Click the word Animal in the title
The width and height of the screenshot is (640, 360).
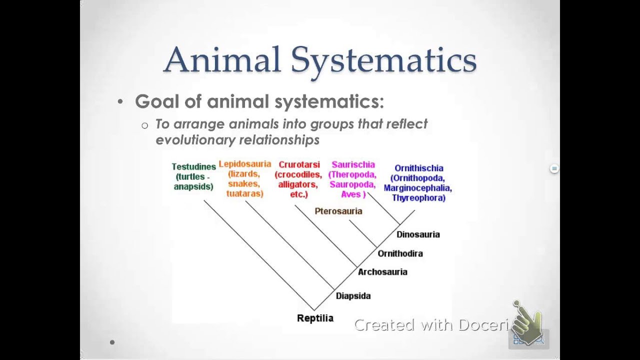pos(222,59)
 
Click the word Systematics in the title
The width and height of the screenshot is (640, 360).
pos(383,60)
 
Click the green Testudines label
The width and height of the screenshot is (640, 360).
pos(193,166)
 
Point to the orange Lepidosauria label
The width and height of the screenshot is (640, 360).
pos(244,164)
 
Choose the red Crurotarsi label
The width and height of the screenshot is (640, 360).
pos(299,165)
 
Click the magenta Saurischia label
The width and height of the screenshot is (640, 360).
pos(353,164)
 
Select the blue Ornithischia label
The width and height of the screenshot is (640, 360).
pos(418,168)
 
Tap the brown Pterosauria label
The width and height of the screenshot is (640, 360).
pos(338,211)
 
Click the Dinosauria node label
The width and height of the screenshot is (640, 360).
pos(418,234)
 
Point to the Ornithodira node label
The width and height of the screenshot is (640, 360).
pos(400,253)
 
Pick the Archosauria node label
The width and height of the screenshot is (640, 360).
pos(382,272)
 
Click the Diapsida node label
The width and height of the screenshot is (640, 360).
pos(353,296)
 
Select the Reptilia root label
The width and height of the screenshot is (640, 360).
pos(315,318)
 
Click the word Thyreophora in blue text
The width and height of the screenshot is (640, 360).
pos(418,198)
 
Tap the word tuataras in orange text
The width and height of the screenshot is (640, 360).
pos(244,193)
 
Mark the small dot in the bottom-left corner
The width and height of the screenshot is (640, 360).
pos(112,342)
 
